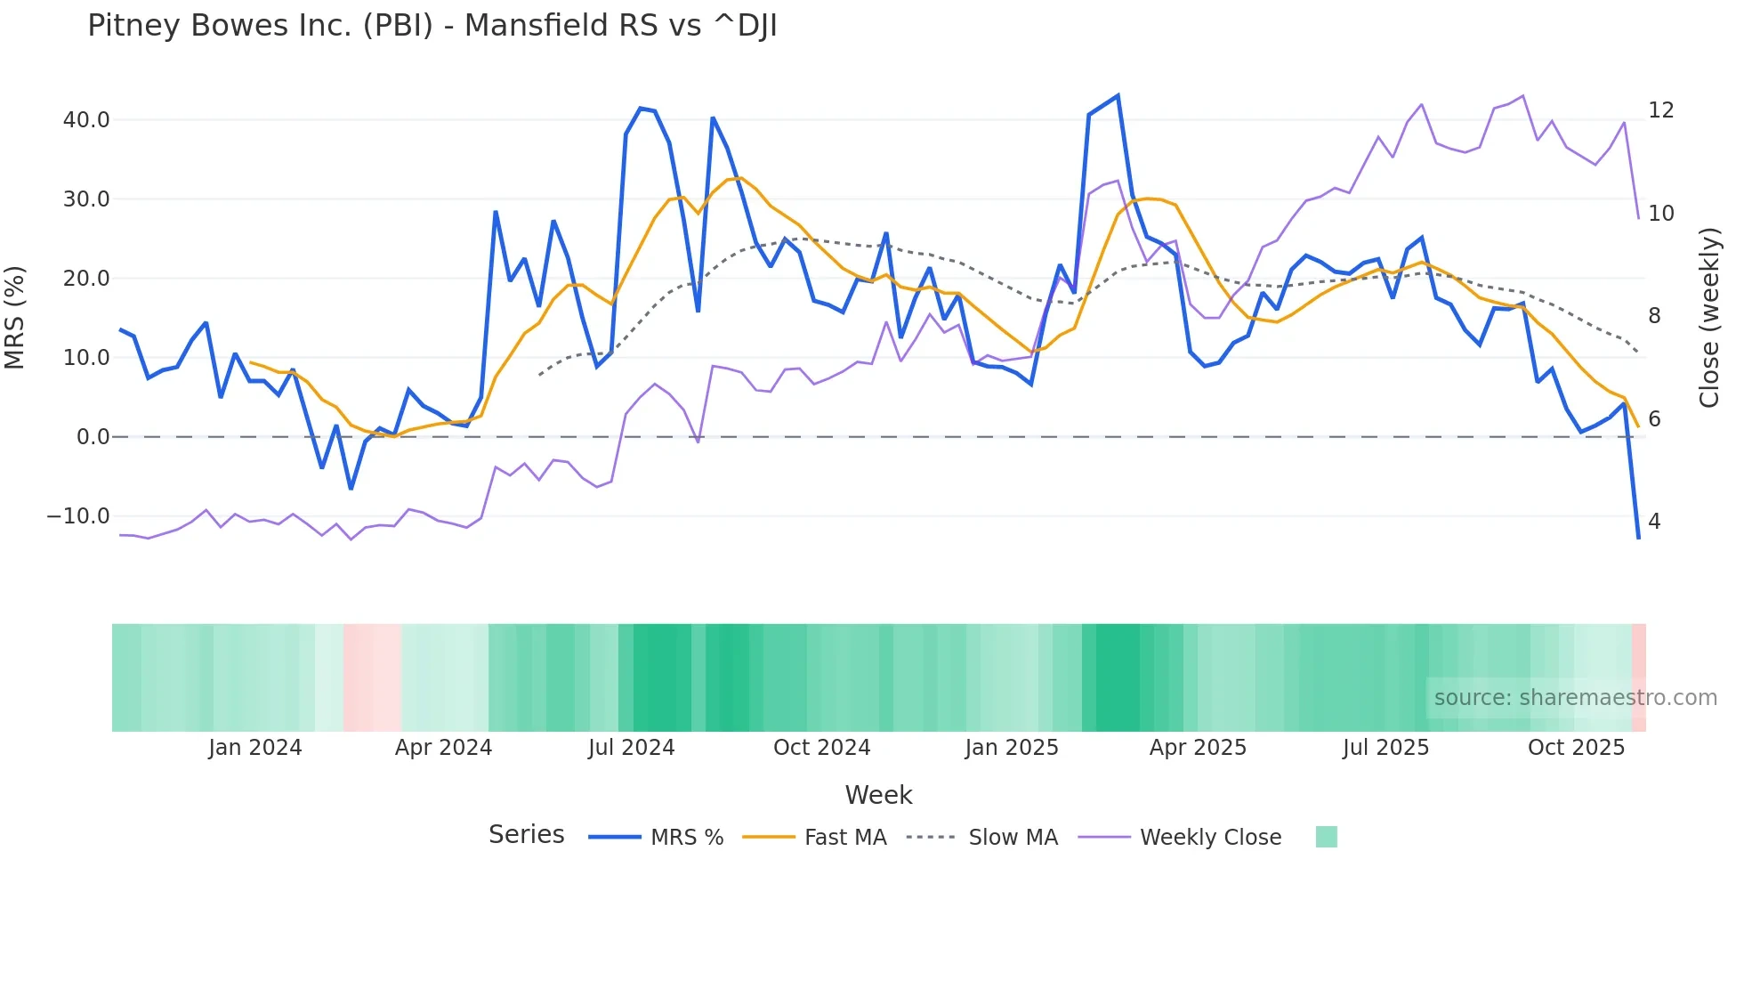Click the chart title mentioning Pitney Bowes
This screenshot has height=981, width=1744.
[432, 26]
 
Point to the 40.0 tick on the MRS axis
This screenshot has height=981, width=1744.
[86, 119]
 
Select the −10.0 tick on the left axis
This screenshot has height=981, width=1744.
[78, 516]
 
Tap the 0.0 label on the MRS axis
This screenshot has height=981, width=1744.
[93, 437]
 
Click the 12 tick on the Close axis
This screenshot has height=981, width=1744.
[1660, 110]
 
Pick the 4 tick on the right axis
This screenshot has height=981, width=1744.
[1654, 522]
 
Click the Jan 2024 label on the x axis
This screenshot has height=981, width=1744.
[255, 748]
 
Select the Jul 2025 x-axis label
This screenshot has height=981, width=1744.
[1385, 748]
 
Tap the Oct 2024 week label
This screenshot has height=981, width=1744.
[821, 748]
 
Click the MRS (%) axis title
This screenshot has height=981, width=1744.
[15, 318]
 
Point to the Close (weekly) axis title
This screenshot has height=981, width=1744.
[1709, 318]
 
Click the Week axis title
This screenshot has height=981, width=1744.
[878, 795]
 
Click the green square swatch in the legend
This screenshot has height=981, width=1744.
[1326, 837]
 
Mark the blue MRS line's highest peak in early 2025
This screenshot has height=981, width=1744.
[1118, 95]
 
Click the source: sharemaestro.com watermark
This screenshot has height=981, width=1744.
[1575, 698]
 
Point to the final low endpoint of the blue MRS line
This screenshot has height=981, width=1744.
[1638, 538]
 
